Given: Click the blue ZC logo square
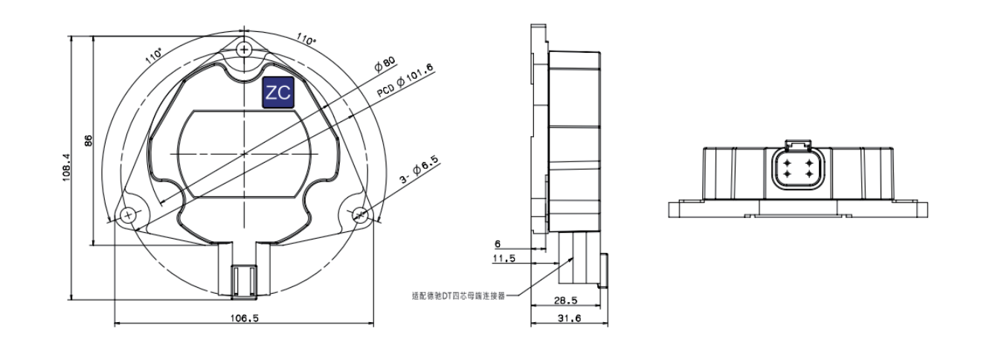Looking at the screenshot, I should pyautogui.click(x=279, y=93).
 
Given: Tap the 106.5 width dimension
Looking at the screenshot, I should pyautogui.click(x=243, y=318).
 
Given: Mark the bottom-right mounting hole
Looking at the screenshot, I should pyautogui.click(x=360, y=215).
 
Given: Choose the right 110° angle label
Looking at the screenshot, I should pyautogui.click(x=306, y=37).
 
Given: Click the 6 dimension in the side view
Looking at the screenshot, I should pyautogui.click(x=498, y=244).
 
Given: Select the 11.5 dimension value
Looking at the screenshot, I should pyautogui.click(x=502, y=260).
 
